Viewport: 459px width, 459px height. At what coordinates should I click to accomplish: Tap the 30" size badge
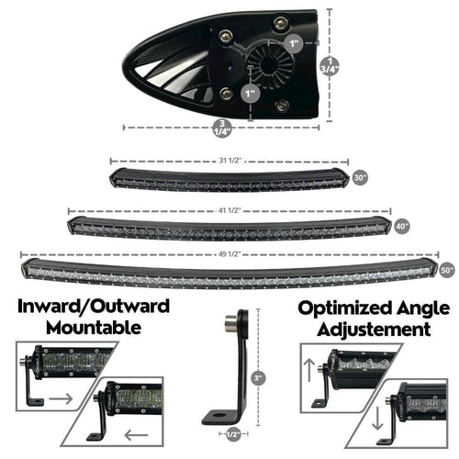click(359, 176)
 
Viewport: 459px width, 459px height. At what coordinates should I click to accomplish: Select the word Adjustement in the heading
click(374, 327)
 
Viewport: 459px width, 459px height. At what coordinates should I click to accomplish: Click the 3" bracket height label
click(260, 376)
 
